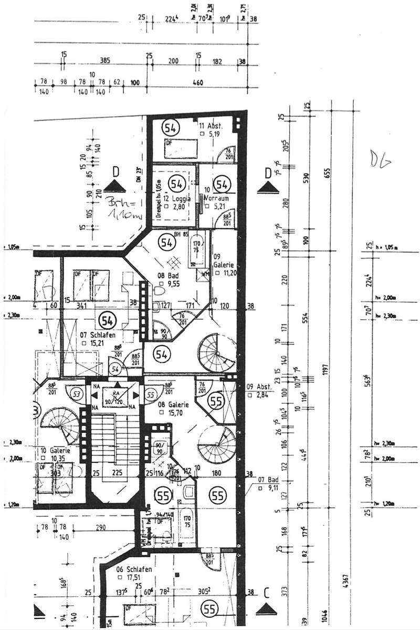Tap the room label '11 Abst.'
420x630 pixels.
[211, 126]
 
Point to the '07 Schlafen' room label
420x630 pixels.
[97, 334]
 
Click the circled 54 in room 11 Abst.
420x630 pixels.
[171, 127]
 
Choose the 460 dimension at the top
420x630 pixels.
[198, 83]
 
